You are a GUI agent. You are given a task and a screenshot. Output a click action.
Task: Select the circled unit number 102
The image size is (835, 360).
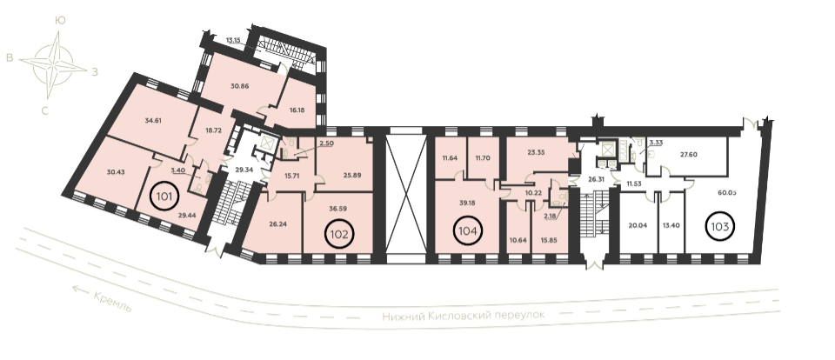pyautogui.click(x=340, y=234)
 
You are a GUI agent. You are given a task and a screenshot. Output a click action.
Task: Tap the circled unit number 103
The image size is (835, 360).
pyautogui.click(x=720, y=227)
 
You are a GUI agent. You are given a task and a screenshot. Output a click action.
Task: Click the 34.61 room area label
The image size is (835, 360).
pyautogui.click(x=153, y=120)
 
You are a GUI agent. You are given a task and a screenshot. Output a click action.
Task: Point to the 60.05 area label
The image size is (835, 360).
pyautogui.click(x=727, y=192)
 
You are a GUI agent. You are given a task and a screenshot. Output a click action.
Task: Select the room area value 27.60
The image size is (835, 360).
pyautogui.click(x=689, y=155)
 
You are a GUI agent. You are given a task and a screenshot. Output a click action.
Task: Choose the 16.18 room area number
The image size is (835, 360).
pyautogui.click(x=297, y=110)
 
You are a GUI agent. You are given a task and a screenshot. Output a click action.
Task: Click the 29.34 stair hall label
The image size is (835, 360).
pyautogui.click(x=244, y=169)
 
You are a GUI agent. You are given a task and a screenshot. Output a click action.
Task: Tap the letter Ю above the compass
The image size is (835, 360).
pyautogui.click(x=60, y=21)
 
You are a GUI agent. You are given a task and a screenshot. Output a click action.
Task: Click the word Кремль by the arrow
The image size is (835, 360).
pyautogui.click(x=112, y=302)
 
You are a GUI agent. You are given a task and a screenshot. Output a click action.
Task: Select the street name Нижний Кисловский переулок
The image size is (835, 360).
pyautogui.click(x=464, y=316)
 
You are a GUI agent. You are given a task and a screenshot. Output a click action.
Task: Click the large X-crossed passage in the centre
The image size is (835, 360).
pyautogui.click(x=405, y=195)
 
